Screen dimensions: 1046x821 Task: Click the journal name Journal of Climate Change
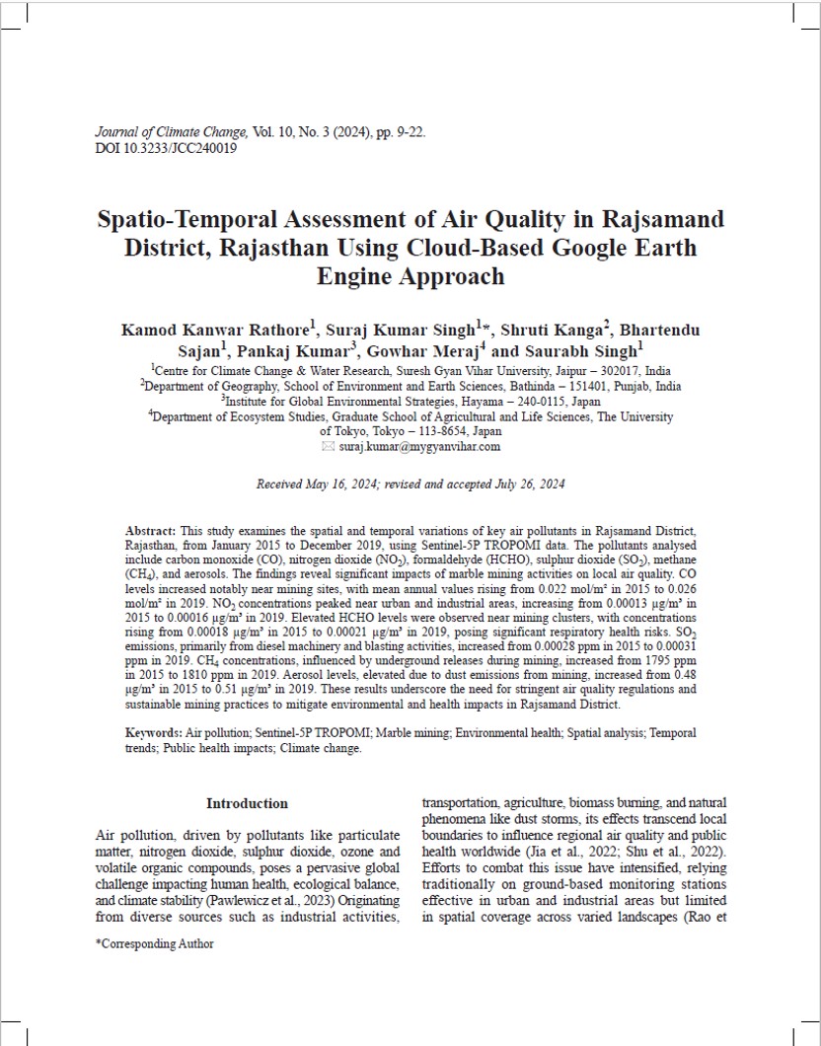coord(171,132)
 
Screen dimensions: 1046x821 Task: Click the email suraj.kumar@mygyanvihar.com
coord(419,446)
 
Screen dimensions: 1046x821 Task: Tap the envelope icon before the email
coord(329,446)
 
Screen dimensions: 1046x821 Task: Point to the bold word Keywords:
coord(153,733)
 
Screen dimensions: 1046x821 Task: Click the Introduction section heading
coord(247,803)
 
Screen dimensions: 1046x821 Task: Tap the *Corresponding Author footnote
coord(154,943)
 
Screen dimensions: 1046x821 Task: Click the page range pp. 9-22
coord(400,132)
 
